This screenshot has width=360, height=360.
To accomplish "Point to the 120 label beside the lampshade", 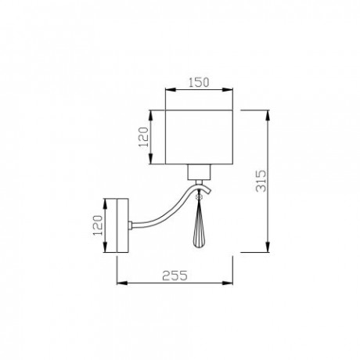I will point(143,139).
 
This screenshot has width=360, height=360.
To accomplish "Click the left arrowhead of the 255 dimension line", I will point(120,284).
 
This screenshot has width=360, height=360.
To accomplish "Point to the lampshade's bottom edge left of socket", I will point(176,165).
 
